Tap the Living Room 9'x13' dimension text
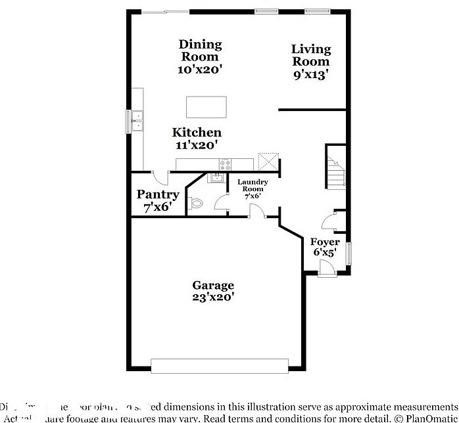[311, 74]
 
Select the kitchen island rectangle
[206, 106]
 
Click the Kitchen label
[197, 133]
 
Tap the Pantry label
[158, 195]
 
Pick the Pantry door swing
[160, 177]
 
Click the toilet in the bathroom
[195, 204]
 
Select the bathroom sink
[216, 178]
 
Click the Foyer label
[325, 242]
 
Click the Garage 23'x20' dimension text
[212, 297]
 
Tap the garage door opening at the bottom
[220, 365]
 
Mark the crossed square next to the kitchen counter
[268, 161]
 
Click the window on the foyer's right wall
[349, 252]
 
